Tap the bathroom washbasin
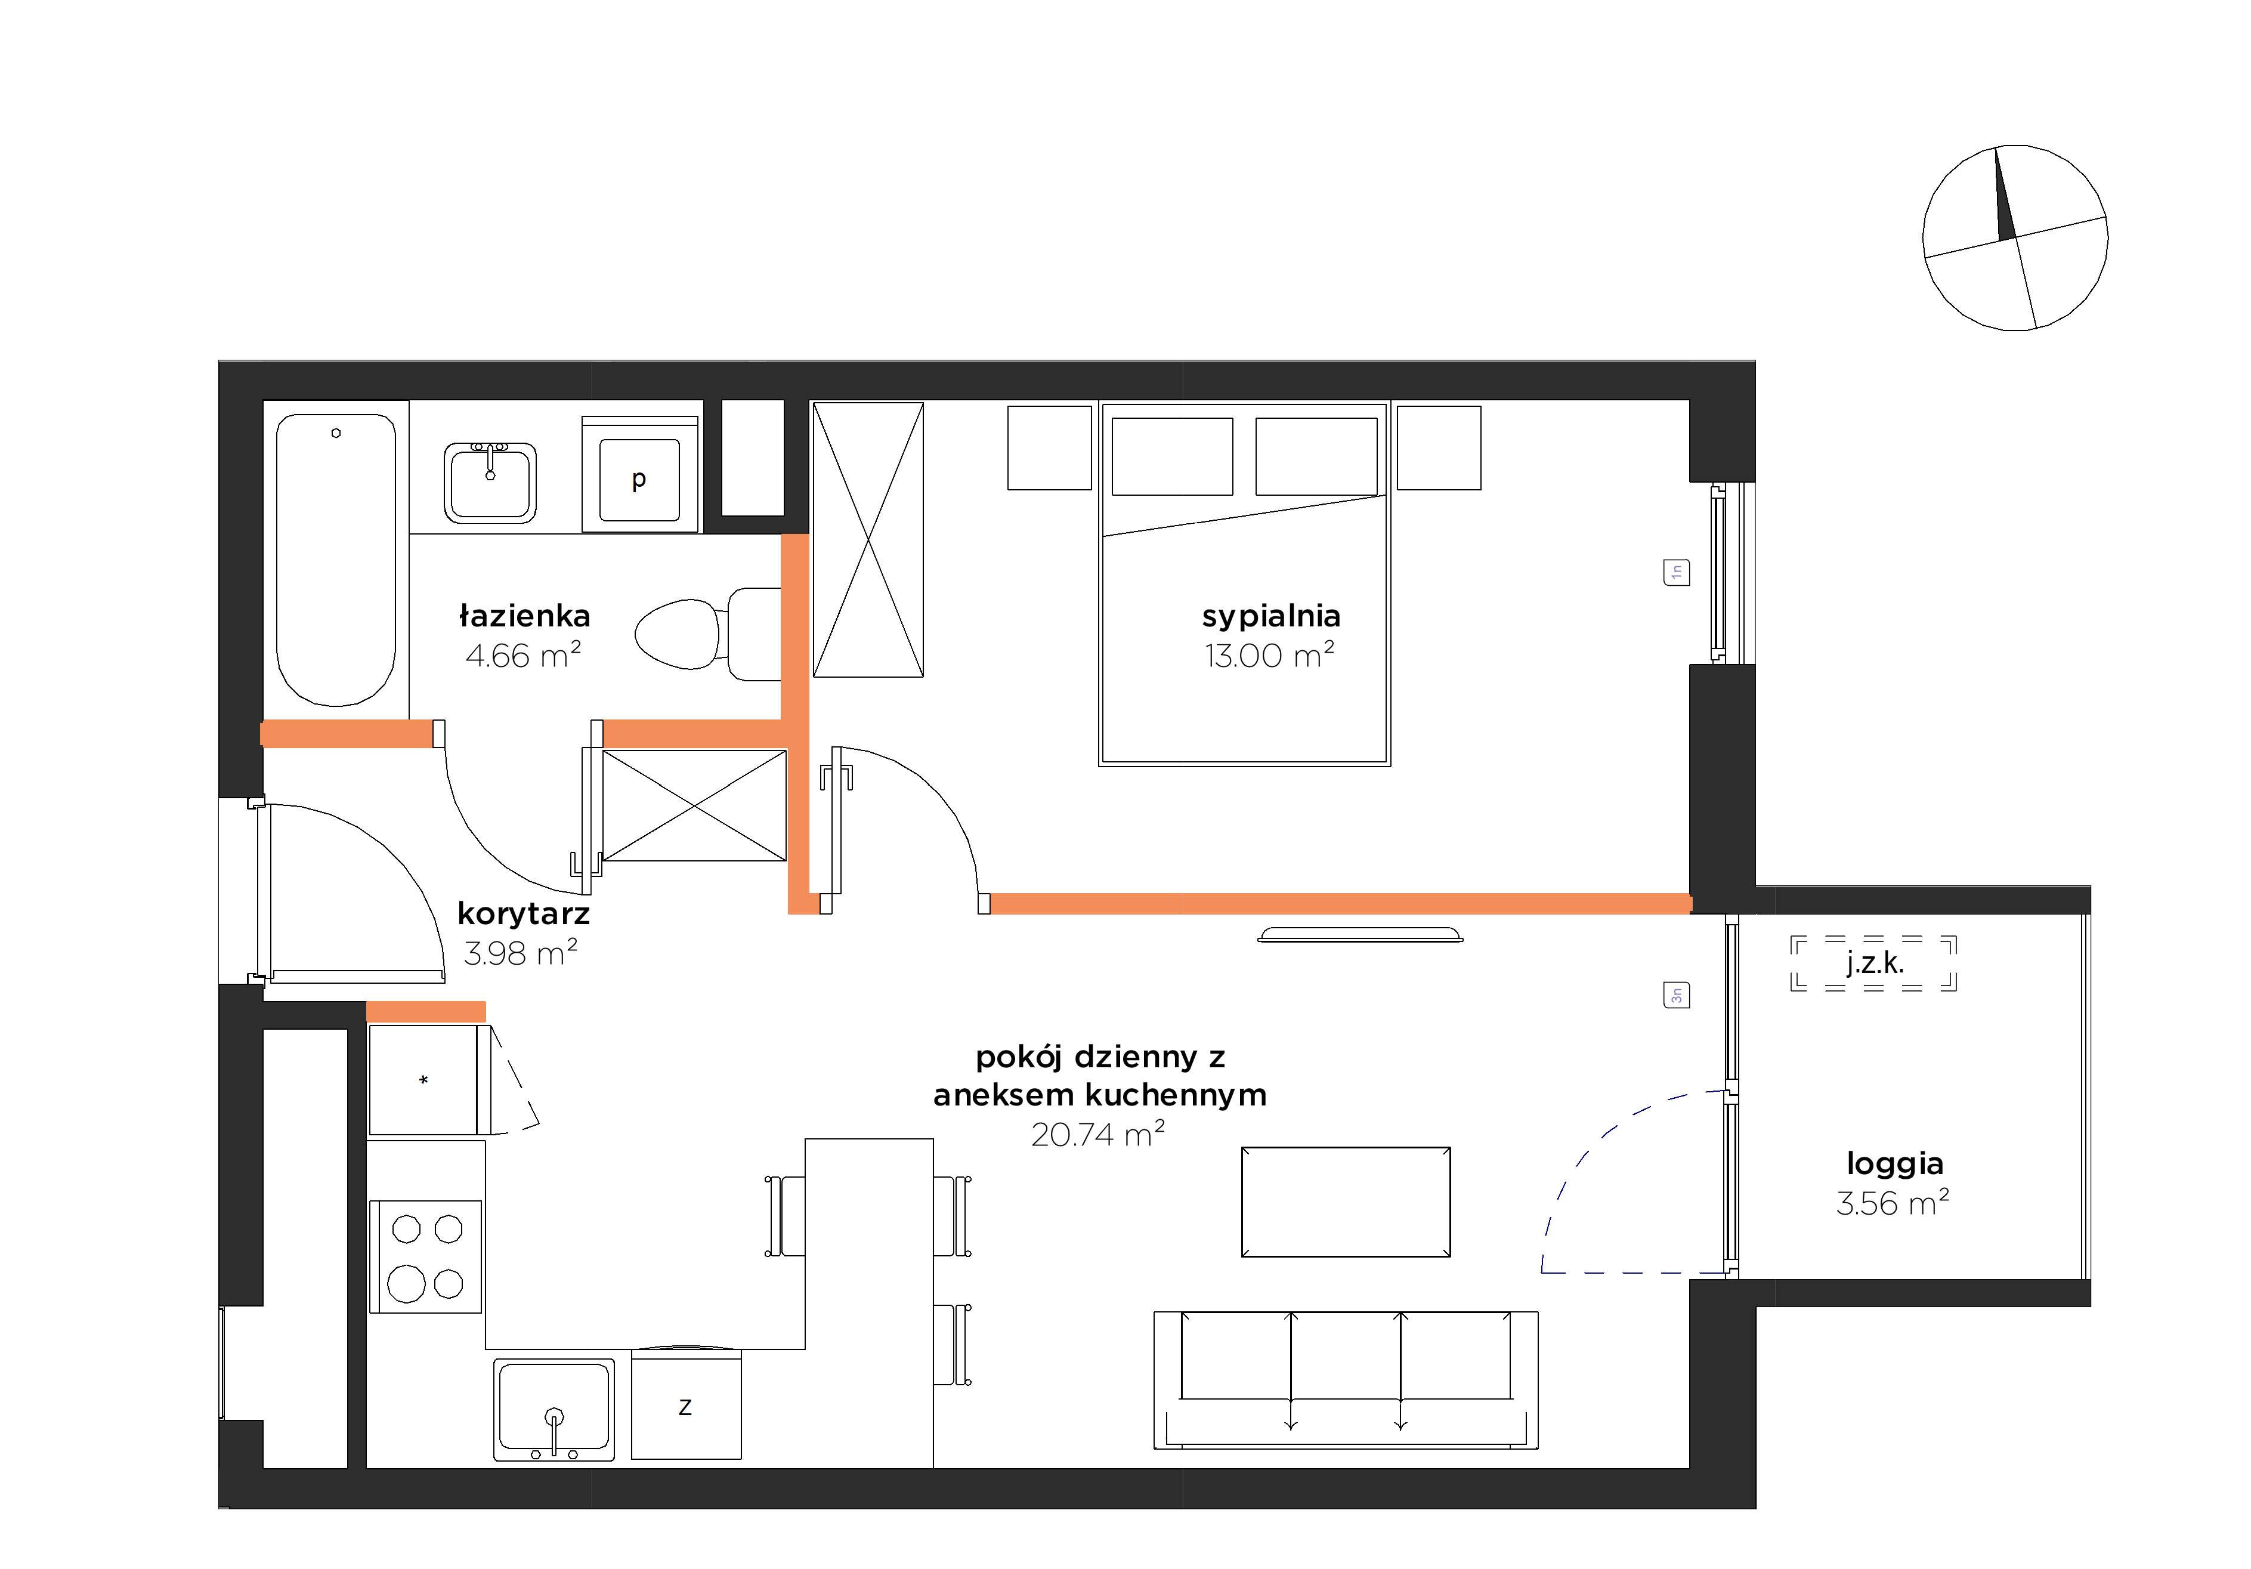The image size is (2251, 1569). (490, 483)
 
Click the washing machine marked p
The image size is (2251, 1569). (640, 475)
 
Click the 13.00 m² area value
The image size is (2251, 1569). (1270, 655)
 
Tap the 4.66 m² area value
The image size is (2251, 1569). (522, 655)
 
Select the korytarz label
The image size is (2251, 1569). (524, 914)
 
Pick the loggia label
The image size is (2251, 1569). (1894, 1164)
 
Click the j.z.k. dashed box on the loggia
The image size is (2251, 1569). (1873, 963)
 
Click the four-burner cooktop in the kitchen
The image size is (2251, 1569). (425, 1256)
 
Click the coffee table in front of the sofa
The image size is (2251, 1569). (1346, 1202)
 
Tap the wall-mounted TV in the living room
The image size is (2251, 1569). (1360, 934)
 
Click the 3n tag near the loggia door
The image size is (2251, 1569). (1677, 995)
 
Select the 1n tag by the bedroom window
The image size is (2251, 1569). (1677, 572)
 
